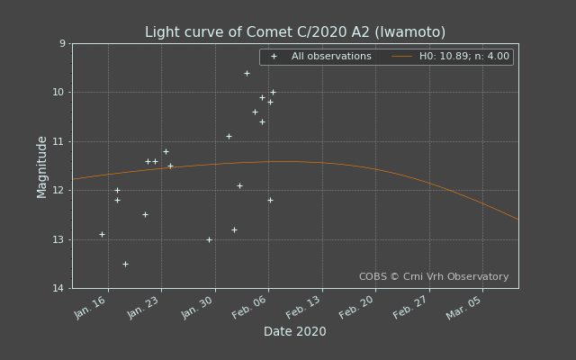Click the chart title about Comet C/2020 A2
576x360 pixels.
295,32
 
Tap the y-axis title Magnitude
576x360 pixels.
42,166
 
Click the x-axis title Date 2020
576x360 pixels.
295,332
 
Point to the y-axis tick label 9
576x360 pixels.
62,43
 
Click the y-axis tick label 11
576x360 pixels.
59,141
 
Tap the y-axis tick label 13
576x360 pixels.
59,239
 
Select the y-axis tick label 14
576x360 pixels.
59,288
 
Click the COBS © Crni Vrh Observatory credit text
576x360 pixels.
434,277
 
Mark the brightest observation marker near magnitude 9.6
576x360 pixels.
247,73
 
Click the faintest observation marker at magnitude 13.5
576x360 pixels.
125,264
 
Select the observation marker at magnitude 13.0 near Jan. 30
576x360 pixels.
209,239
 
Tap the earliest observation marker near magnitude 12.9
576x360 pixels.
102,234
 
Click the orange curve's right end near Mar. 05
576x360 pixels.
517,218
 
